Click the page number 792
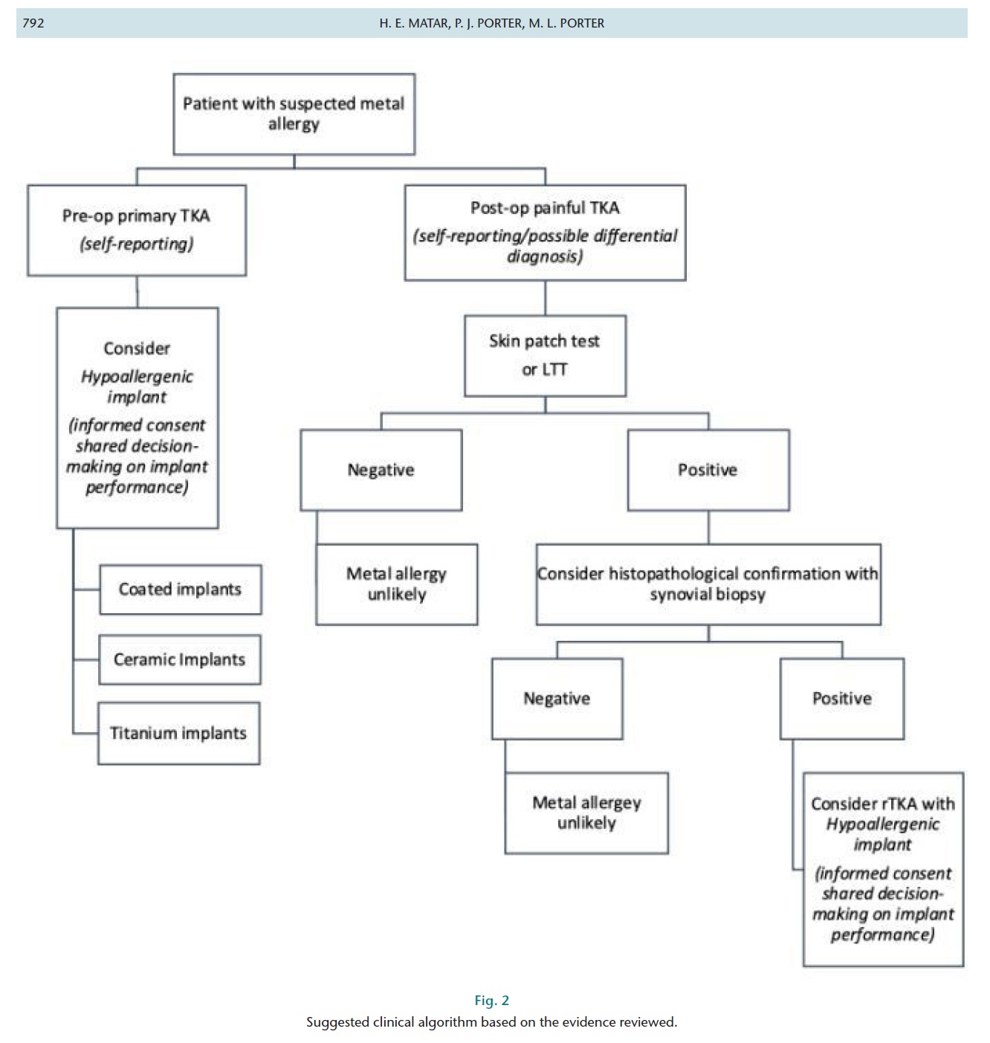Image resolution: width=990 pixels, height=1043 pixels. point(33,23)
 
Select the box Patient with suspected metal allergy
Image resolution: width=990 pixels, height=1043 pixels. point(294,114)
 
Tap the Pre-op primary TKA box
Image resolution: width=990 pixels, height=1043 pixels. point(137,230)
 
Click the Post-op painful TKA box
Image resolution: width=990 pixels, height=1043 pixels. point(545,232)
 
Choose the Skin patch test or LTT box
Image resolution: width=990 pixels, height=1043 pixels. point(545,355)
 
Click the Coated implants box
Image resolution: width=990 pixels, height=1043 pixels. point(180,590)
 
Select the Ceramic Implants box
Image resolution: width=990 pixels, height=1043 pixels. point(179,659)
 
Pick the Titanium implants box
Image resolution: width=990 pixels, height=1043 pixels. point(178,733)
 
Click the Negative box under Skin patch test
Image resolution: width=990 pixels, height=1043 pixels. point(381,470)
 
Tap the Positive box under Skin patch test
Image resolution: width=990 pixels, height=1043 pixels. point(708,470)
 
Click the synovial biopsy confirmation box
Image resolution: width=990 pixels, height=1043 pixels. point(708,584)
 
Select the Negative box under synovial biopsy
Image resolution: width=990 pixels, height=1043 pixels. point(557,698)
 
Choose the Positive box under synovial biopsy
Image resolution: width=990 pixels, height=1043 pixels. point(841,698)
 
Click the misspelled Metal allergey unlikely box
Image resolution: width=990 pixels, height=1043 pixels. point(586,813)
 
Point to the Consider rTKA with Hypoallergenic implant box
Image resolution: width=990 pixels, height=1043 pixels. point(883,868)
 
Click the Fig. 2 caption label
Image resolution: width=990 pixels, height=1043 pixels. point(491,1001)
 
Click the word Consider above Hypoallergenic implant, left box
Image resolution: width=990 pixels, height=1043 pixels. point(137,348)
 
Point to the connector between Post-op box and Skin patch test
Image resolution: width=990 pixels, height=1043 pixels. point(545,297)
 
